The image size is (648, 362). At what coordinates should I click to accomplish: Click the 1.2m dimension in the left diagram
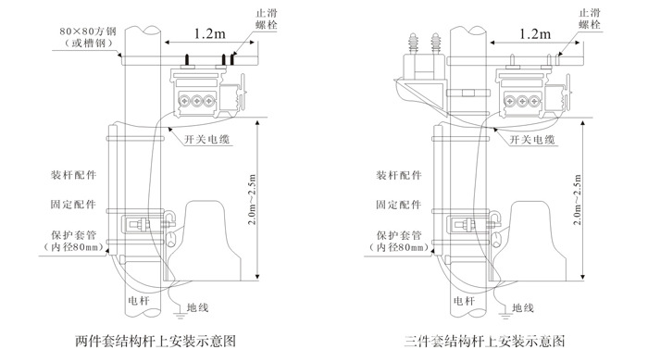pos(210,33)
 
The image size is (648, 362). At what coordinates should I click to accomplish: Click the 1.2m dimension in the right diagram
pos(535,33)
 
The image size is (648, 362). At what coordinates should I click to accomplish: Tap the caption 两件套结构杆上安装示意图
pos(156,341)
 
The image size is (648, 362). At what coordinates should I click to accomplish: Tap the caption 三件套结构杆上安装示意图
pos(484,341)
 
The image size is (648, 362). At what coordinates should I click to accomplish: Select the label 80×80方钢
pos(88,31)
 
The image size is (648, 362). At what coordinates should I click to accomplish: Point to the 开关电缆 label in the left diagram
pos(206,139)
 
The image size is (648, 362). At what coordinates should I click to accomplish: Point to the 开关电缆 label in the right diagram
pos(532,139)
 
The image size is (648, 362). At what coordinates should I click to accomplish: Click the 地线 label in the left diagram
pos(197,307)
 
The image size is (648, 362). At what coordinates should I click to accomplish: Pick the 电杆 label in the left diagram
pos(139,300)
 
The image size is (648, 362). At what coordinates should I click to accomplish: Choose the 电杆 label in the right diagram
pos(464,300)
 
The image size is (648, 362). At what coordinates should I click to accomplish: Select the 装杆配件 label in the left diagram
pos(73,175)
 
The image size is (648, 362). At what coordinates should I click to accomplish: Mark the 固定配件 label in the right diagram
pos(399,205)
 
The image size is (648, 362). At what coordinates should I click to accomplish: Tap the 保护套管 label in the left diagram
pos(73,235)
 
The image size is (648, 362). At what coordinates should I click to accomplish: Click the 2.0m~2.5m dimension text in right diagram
pos(578,199)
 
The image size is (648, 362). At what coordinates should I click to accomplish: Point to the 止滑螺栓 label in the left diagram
pos(267,19)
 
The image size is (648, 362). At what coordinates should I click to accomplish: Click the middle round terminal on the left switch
pos(196,100)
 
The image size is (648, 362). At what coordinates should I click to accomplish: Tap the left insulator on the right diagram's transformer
pos(413,44)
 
